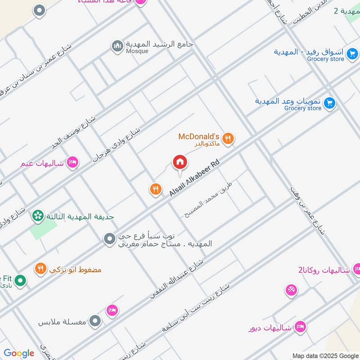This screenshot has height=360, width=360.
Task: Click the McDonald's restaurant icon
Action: click(x=229, y=139)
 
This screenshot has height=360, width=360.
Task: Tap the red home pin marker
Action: click(x=180, y=163)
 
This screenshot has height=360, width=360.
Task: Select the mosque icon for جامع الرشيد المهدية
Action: click(x=117, y=46)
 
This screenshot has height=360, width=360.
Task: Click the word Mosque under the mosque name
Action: click(x=137, y=51)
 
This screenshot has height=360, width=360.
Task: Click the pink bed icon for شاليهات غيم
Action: click(x=72, y=162)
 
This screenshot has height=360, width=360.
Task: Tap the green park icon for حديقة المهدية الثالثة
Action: click(x=38, y=216)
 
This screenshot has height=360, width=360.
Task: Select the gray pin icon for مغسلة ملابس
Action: click(x=94, y=321)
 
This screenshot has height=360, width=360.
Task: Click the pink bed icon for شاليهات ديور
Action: click(x=300, y=327)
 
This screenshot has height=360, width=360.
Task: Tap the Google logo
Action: click(x=19, y=353)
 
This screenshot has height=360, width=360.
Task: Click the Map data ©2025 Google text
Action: click(x=324, y=355)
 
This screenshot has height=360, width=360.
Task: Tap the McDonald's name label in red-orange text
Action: click(x=198, y=136)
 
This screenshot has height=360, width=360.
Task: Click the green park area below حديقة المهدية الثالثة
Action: click(x=43, y=230)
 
